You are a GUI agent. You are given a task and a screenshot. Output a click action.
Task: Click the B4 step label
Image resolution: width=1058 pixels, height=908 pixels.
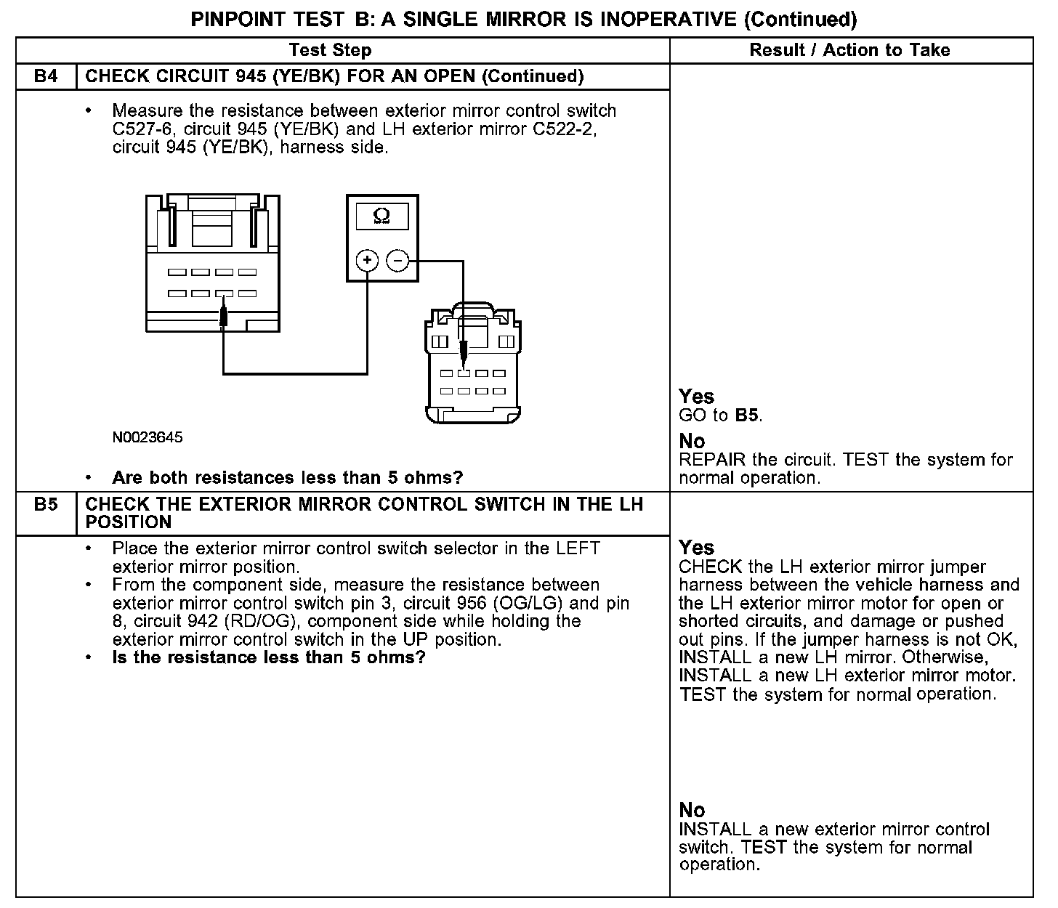click(46, 76)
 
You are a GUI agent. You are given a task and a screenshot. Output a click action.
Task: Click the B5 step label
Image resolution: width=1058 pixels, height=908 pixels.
click(46, 504)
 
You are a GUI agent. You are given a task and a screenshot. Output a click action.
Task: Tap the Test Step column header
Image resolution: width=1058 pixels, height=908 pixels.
click(330, 50)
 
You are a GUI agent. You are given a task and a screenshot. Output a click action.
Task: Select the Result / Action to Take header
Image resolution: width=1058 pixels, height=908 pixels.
click(849, 50)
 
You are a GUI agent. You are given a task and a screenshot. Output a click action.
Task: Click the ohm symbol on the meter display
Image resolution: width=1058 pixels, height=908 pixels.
click(381, 215)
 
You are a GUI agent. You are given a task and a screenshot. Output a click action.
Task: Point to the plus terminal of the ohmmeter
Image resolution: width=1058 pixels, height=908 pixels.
click(368, 260)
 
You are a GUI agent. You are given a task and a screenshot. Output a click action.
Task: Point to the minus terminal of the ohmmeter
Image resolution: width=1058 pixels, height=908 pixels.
click(397, 260)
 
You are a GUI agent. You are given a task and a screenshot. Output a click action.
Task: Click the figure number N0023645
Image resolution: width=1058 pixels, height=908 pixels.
click(148, 437)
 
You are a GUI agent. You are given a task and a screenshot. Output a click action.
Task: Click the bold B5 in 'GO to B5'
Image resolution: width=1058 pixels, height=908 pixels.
click(748, 416)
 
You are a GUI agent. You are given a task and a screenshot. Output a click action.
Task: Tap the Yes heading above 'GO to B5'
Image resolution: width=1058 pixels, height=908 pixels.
click(696, 397)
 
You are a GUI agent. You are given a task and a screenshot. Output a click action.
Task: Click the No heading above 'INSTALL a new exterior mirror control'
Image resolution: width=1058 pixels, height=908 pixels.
click(692, 810)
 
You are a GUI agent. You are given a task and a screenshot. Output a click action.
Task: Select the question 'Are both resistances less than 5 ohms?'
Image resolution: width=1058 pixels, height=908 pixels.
click(287, 478)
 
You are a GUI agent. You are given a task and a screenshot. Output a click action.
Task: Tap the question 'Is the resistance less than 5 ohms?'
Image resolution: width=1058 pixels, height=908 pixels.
click(268, 657)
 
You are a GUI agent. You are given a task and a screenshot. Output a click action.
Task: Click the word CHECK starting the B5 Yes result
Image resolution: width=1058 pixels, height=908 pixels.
click(710, 567)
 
